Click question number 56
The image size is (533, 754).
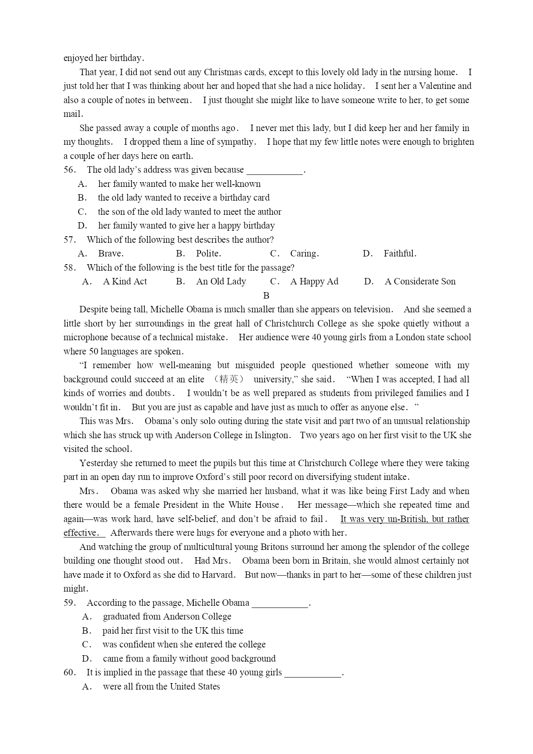click(x=70, y=170)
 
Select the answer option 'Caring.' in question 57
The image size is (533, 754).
click(x=304, y=253)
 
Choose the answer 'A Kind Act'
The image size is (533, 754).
click(x=125, y=281)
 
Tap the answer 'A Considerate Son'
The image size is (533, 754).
click(x=420, y=281)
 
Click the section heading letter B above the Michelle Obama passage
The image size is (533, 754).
click(x=266, y=296)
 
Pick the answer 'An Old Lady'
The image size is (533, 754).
click(x=221, y=281)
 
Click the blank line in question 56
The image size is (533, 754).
click(x=275, y=171)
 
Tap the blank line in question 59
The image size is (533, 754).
click(x=280, y=604)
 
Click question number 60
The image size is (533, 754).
click(x=70, y=672)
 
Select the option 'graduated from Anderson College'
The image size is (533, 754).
click(x=167, y=617)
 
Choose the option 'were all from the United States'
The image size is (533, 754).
click(x=161, y=687)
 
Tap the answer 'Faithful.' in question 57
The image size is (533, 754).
click(x=400, y=253)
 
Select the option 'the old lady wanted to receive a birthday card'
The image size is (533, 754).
click(x=183, y=198)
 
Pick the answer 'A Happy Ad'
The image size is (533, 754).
click(x=314, y=281)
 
